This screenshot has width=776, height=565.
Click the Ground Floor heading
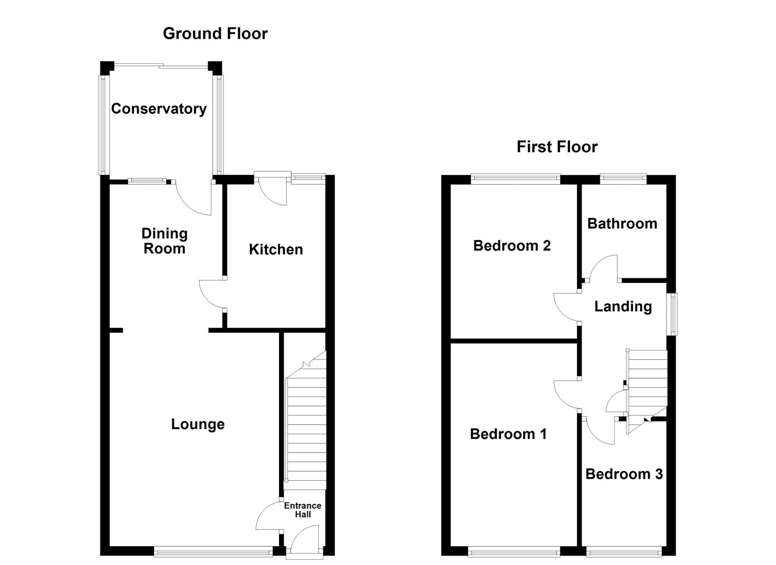point(215,33)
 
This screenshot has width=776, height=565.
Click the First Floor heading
point(557,147)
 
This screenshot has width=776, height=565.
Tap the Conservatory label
point(159,109)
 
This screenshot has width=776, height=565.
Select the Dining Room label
point(165,241)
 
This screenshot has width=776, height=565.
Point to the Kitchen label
point(275,250)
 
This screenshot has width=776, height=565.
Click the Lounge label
point(198,424)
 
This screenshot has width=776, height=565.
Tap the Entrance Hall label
point(302,510)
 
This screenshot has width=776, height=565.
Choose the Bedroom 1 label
point(508,434)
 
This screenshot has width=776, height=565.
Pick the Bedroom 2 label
point(512,245)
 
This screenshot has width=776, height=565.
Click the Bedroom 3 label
point(623,474)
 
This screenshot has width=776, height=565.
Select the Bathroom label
point(622,224)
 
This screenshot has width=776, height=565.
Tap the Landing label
point(623,307)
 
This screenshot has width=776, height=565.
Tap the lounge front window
point(213,550)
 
